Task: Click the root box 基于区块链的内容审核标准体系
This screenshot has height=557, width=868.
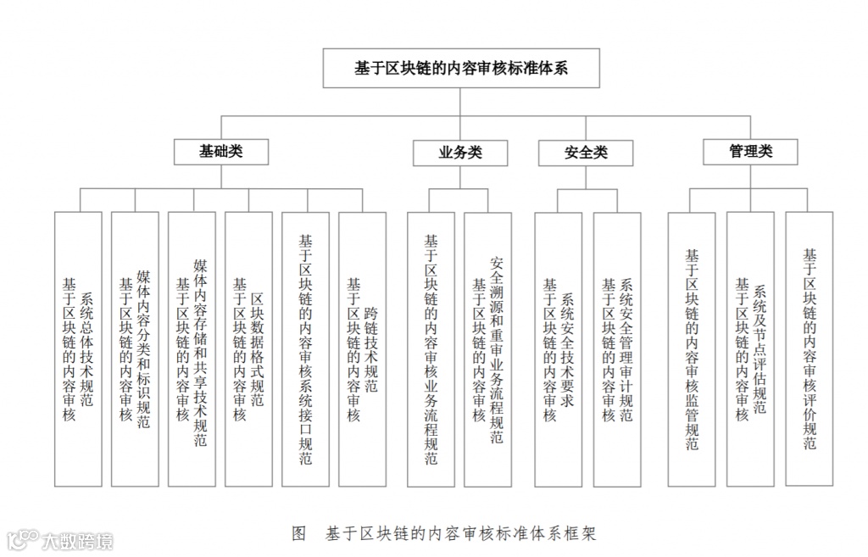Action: [x=461, y=69]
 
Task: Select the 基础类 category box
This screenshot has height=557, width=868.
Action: [x=220, y=151]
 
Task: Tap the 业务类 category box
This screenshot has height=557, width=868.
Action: [x=460, y=153]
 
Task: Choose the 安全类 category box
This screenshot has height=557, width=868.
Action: [x=586, y=153]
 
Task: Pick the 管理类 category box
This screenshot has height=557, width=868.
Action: [x=750, y=151]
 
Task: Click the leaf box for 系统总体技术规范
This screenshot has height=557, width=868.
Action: [x=78, y=348]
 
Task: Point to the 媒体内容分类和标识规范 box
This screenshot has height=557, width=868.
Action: [x=135, y=348]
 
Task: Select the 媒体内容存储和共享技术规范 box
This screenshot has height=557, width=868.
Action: [x=192, y=348]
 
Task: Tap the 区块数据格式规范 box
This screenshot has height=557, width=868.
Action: [x=248, y=348]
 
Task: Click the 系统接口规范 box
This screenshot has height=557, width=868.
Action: [x=305, y=348]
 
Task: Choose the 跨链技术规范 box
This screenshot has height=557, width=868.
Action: [x=362, y=348]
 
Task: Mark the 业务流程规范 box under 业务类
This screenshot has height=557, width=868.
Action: [x=431, y=348]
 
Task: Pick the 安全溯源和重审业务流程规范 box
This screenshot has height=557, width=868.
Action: [x=488, y=348]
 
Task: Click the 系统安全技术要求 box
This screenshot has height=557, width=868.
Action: [x=558, y=348]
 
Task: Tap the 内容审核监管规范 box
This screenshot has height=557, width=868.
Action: [x=692, y=348]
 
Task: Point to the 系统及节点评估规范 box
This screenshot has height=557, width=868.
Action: [x=750, y=348]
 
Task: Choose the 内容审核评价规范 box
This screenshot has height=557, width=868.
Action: [x=810, y=348]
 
